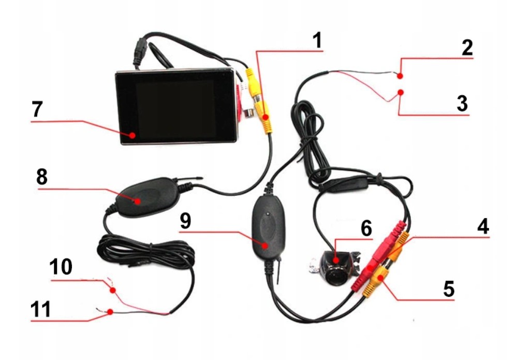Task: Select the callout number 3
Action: tap(462, 103)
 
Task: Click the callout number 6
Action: tap(366, 228)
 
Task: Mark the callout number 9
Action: tap(185, 221)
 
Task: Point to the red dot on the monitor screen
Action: tap(133, 135)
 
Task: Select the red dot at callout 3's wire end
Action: tap(400, 93)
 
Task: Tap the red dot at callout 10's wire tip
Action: tap(113, 291)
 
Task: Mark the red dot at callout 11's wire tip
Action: tap(111, 312)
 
